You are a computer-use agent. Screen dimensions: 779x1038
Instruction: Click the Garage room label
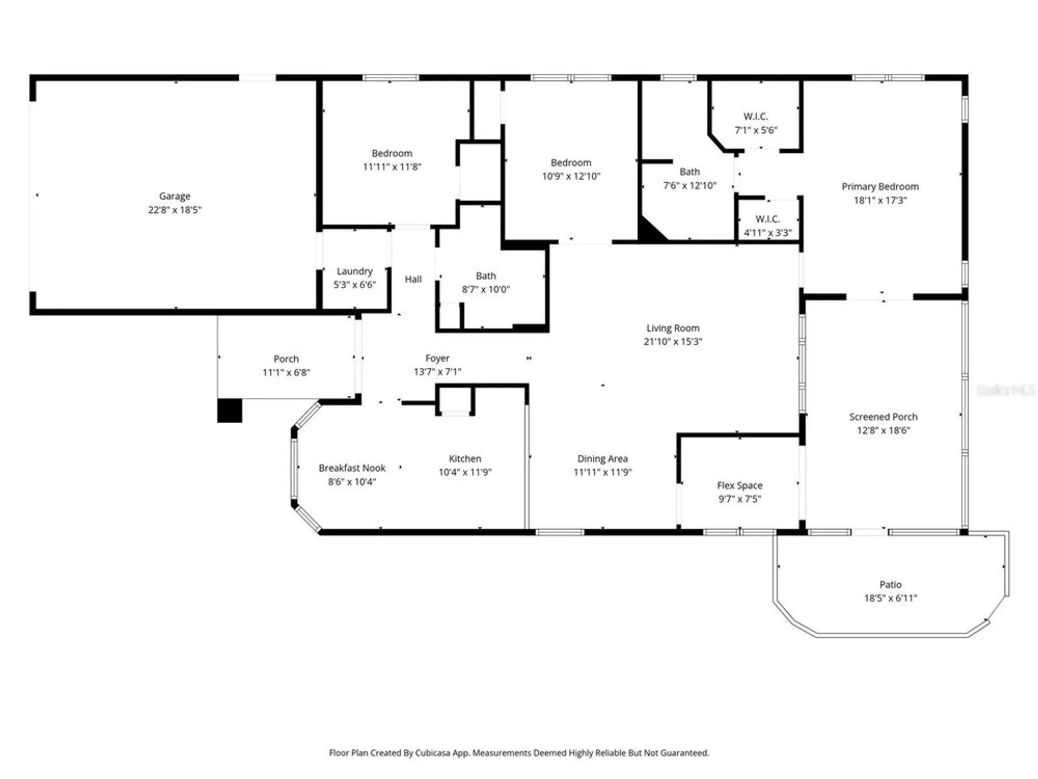point(174,196)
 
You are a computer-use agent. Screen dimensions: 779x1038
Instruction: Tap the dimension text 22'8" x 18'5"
point(174,210)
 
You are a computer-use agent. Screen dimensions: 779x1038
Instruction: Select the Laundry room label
point(354,271)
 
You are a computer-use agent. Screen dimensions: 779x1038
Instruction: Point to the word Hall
point(413,279)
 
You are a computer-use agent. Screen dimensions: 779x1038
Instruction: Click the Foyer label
point(437,358)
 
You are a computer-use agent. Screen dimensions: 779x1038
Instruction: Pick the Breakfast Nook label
point(352,468)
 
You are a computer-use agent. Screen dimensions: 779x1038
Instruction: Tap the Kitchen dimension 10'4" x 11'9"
point(465,472)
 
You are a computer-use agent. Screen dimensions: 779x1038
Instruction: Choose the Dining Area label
point(603,459)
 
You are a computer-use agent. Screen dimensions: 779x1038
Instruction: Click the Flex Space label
point(740,486)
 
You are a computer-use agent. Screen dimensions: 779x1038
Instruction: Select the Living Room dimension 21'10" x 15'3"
point(673,342)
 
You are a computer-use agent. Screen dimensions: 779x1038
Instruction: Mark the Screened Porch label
point(883,417)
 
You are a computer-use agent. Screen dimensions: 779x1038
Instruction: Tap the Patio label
point(890,584)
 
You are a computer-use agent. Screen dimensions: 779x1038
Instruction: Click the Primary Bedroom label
point(880,186)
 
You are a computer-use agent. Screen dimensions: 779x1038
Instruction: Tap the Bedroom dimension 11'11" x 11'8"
point(392,167)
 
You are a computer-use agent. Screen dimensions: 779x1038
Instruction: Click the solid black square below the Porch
point(229,410)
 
